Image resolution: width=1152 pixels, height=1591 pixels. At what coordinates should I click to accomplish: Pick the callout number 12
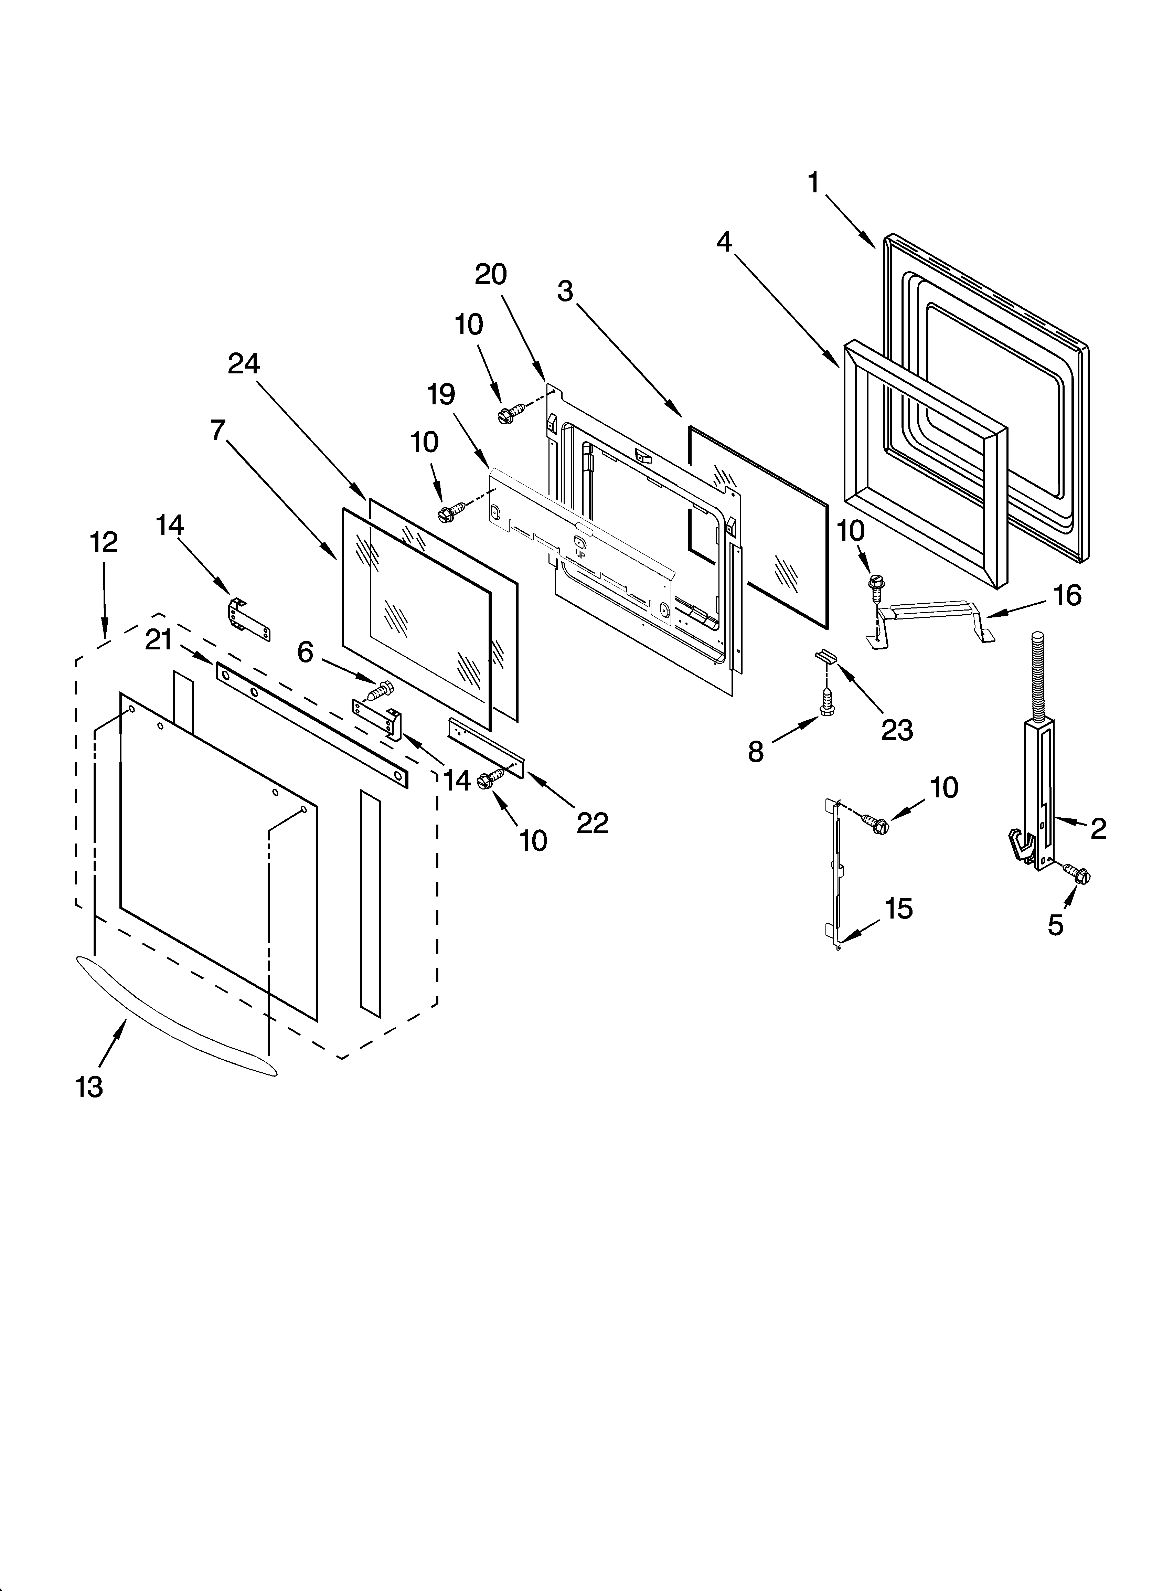click(104, 542)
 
